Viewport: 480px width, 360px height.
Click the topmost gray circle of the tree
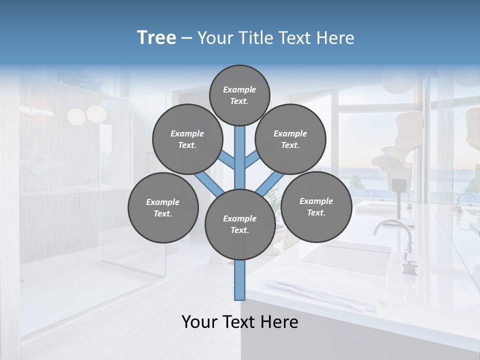click(239, 95)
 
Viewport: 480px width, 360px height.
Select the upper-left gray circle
click(187, 139)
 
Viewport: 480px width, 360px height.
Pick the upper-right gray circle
click(290, 139)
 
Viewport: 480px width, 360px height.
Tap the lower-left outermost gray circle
click(163, 207)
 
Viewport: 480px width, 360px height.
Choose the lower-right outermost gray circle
click(316, 206)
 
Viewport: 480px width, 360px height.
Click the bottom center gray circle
click(239, 224)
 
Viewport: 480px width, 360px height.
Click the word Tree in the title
click(156, 37)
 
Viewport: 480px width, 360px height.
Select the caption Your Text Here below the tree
click(239, 321)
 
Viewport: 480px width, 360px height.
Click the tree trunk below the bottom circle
click(239, 280)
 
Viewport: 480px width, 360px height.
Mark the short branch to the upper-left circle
click(227, 161)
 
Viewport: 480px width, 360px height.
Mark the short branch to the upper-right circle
click(252, 160)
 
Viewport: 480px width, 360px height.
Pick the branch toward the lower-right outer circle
click(270, 183)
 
